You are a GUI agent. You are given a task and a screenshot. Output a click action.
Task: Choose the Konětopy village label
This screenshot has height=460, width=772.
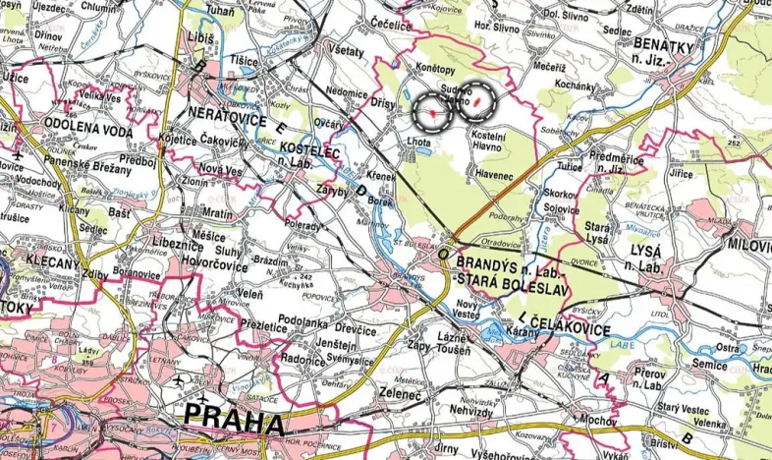(435, 72)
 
